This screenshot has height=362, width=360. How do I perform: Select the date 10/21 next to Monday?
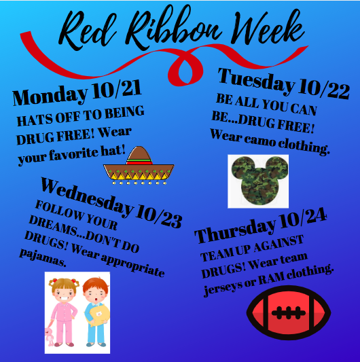click(x=116, y=90)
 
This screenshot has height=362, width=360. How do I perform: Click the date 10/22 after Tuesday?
click(x=324, y=90)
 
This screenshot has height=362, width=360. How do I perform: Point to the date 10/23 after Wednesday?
click(x=159, y=217)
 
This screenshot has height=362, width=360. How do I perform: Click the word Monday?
click(x=50, y=96)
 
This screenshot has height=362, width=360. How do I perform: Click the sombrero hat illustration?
click(x=139, y=165)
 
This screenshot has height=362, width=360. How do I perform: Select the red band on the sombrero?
click(x=139, y=162)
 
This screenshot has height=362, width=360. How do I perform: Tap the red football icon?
click(x=289, y=313)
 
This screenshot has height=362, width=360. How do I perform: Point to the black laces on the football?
click(x=289, y=313)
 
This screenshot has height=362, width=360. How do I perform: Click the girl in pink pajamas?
click(x=63, y=312)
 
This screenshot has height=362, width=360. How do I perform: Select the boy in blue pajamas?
click(x=95, y=312)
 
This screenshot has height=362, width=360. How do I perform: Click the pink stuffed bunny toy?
click(x=49, y=336)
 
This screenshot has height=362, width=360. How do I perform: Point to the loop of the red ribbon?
click(x=185, y=69)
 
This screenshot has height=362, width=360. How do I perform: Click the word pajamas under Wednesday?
click(x=43, y=257)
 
